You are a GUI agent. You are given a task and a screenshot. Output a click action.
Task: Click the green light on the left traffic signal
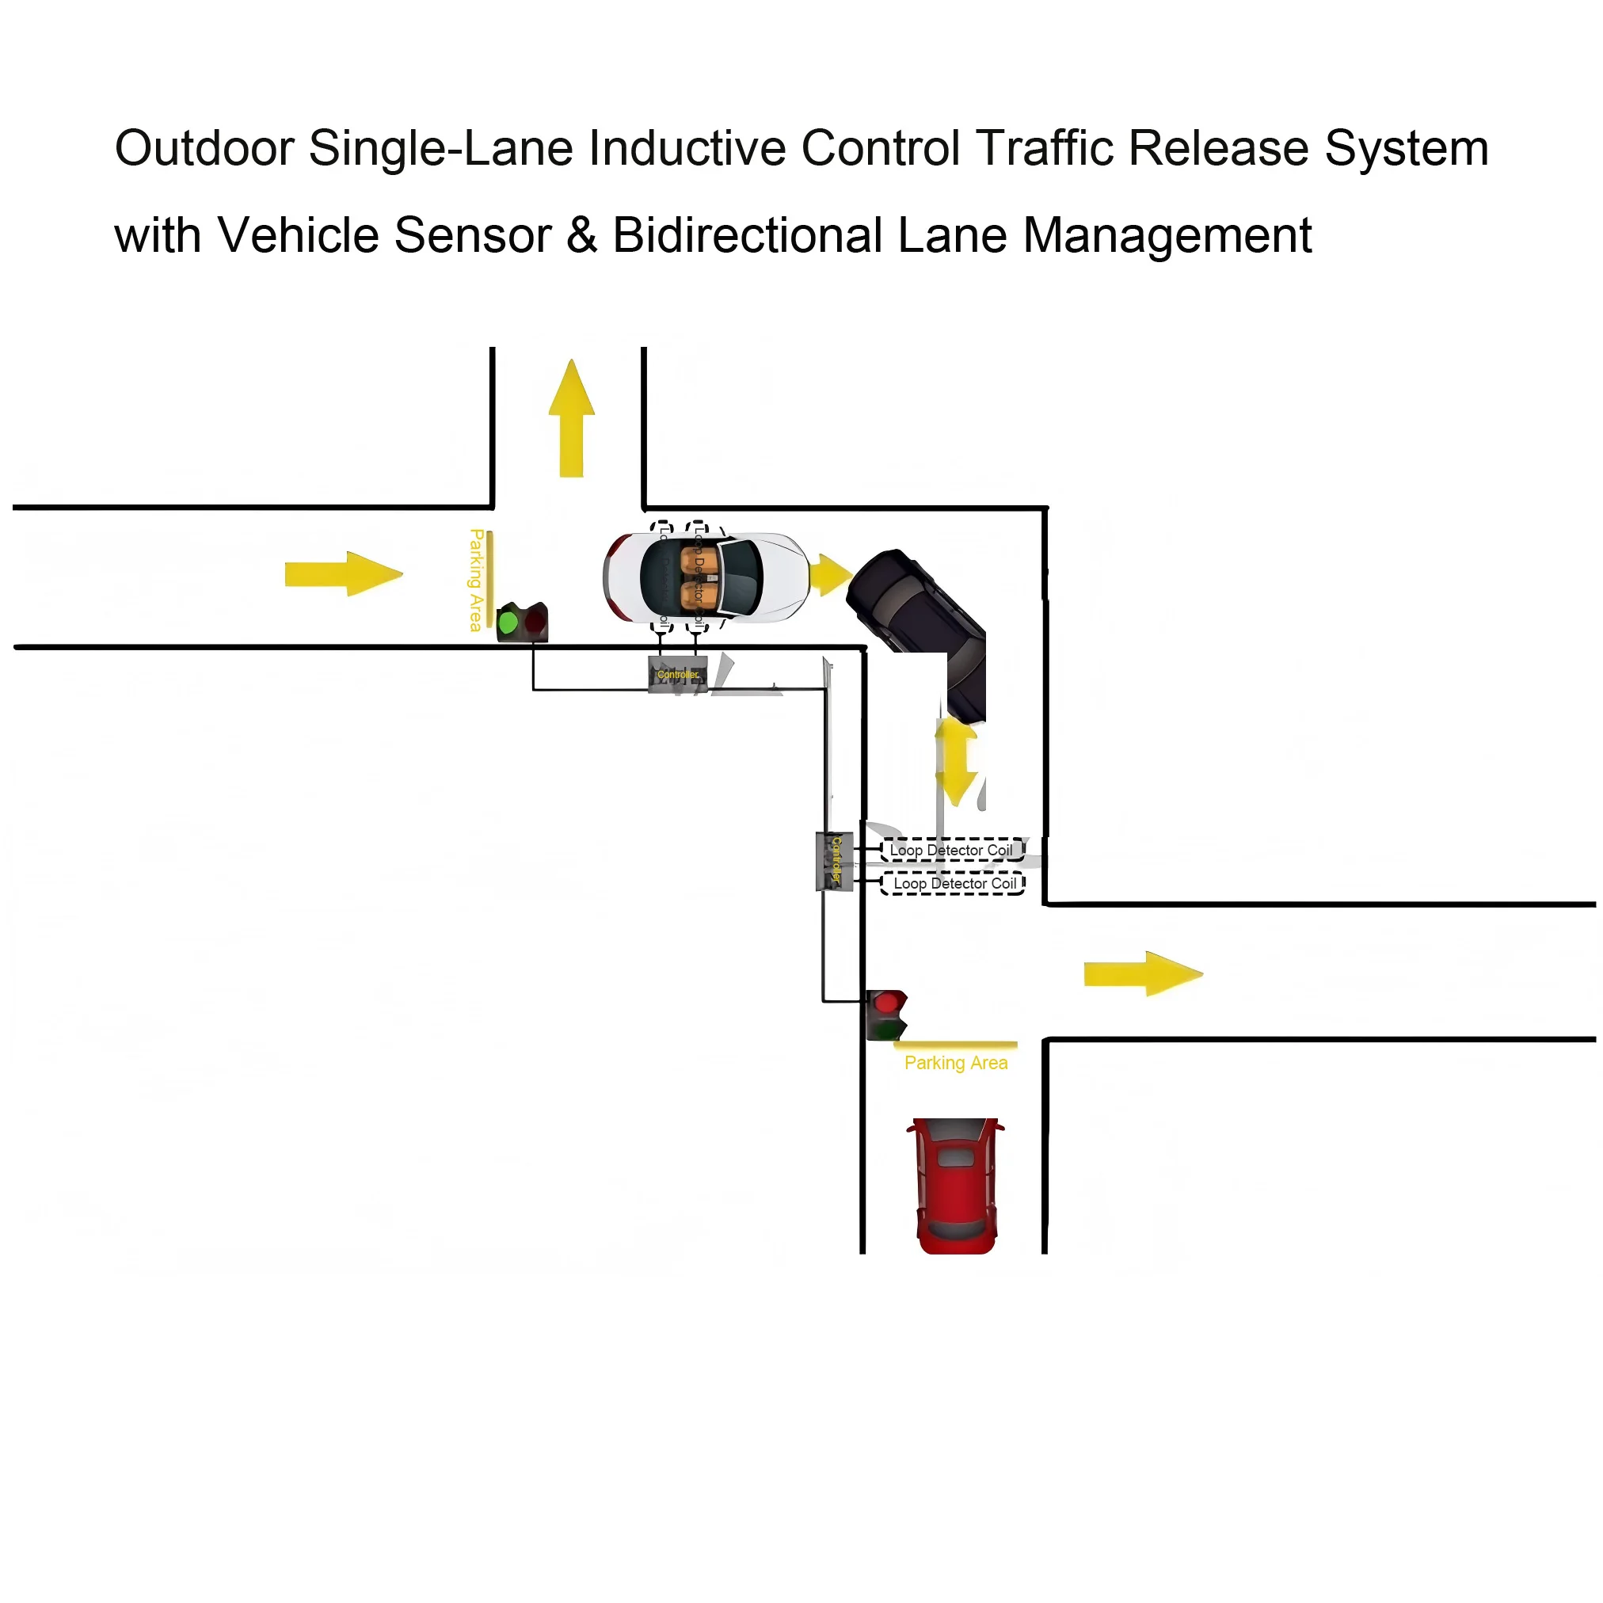[x=508, y=622]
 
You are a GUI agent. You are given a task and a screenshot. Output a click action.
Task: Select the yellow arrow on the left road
[x=343, y=573]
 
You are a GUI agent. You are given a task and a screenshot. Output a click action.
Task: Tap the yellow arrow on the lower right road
[x=1143, y=973]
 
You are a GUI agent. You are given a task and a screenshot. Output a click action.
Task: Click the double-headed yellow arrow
[x=957, y=761]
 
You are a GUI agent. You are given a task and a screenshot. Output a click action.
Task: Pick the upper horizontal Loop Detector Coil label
[x=951, y=851]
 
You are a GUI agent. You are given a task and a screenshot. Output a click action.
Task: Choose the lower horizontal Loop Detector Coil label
[x=954, y=884]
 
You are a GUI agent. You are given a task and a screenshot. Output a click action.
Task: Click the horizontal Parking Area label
[x=956, y=1063]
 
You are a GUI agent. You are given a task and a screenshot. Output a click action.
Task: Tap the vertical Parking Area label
[x=476, y=580]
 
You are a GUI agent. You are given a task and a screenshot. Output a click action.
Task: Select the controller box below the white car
[x=678, y=674]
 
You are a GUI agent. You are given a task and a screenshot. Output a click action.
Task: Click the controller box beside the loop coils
[x=835, y=861]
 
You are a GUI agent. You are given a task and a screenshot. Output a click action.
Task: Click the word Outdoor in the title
[x=204, y=149]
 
